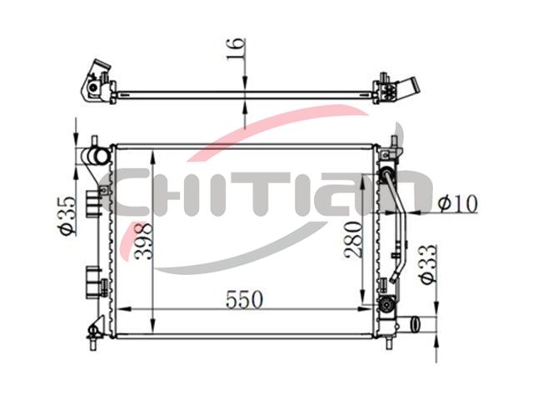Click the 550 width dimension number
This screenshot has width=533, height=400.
(244, 300)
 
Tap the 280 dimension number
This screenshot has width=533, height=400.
(353, 239)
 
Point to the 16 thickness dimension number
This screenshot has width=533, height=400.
(236, 48)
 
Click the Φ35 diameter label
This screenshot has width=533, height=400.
(67, 215)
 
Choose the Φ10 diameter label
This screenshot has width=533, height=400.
(457, 203)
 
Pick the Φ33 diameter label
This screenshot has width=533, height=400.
(427, 263)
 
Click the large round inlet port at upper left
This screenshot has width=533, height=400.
(101, 156)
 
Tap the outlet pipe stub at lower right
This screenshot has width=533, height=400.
(416, 324)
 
